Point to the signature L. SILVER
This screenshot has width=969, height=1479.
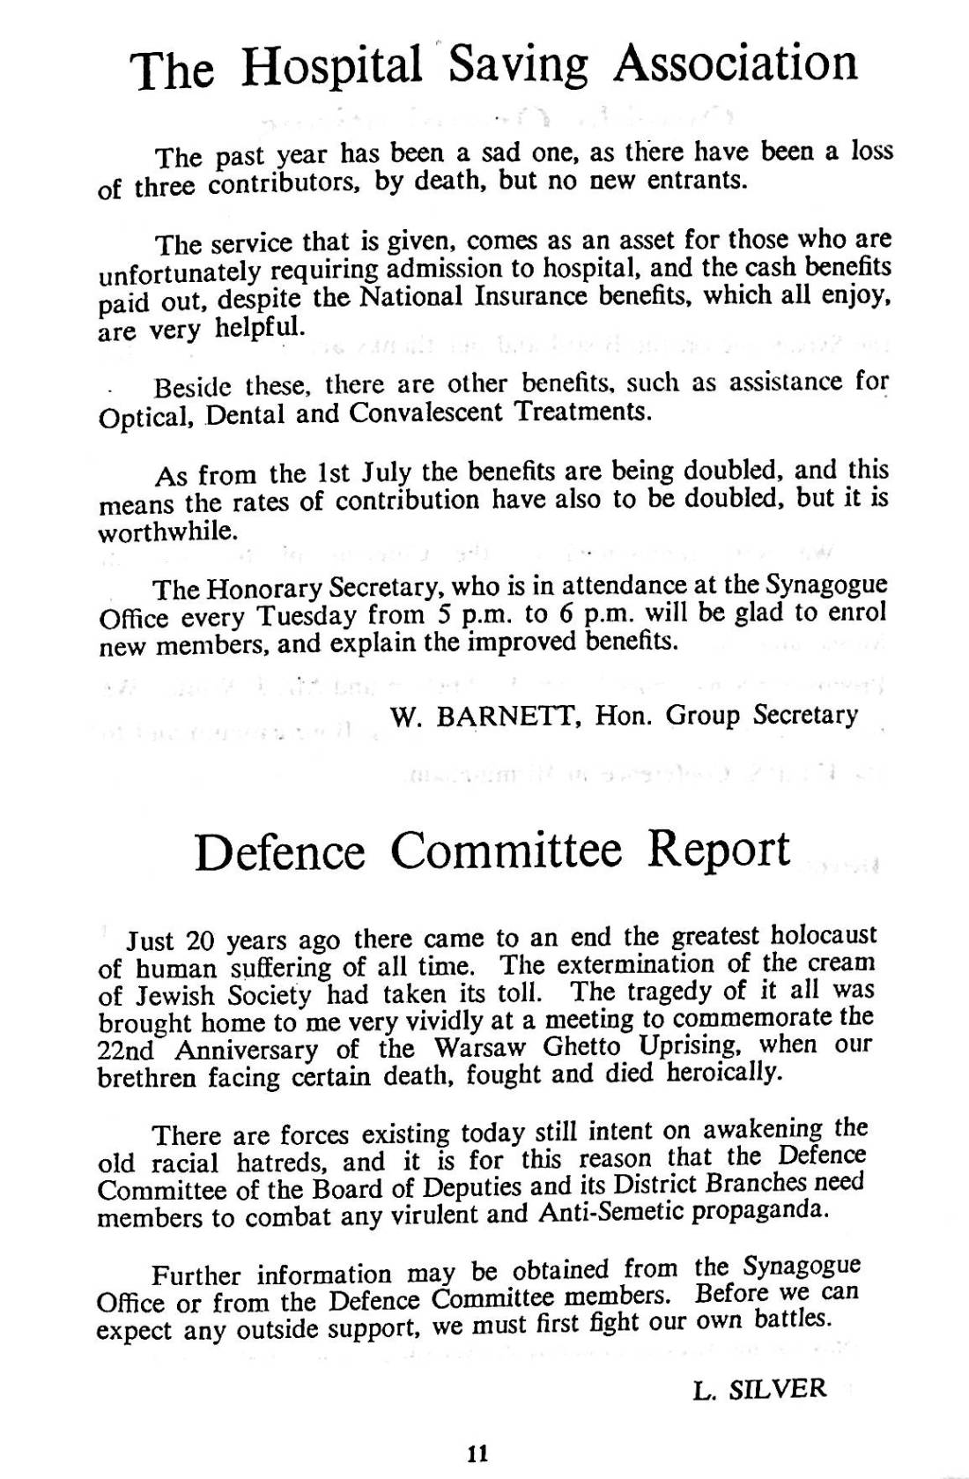coord(759,1390)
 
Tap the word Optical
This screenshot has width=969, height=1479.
coord(141,417)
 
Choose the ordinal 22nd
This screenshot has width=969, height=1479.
coord(126,1051)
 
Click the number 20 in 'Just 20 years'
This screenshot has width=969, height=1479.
coord(200,940)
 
